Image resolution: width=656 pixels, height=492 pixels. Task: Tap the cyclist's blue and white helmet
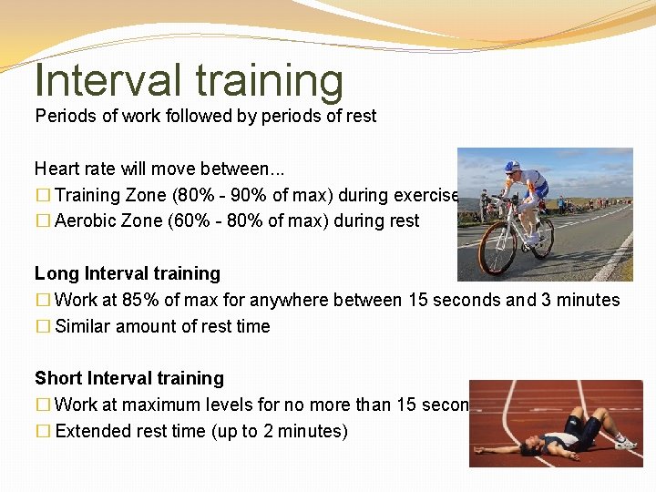click(513, 167)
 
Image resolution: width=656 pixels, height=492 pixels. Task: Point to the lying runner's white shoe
click(625, 444)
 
